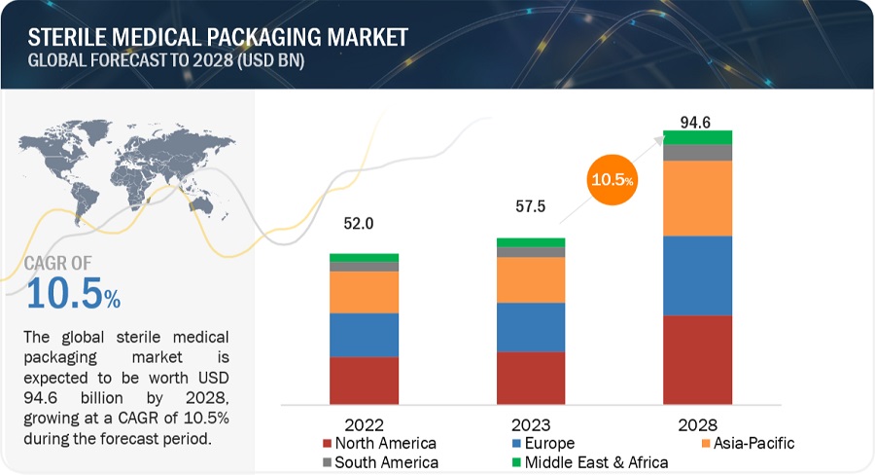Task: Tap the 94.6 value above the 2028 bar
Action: [697, 122]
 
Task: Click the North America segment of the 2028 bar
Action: [697, 359]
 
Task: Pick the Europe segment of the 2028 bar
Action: [697, 275]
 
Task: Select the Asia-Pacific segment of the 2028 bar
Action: [697, 199]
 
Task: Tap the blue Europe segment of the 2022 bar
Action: [364, 335]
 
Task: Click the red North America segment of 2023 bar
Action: [531, 378]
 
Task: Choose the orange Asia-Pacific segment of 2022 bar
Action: [364, 292]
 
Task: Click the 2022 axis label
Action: [364, 425]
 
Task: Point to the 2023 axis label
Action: [531, 425]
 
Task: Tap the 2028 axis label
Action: [697, 425]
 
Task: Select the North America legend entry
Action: [379, 444]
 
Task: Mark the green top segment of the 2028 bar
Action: [697, 137]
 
